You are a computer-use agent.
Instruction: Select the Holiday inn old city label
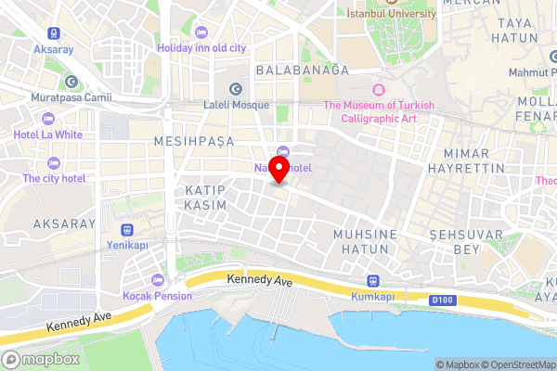pyautogui.click(x=201, y=47)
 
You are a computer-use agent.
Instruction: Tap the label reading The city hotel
pyautogui.click(x=54, y=177)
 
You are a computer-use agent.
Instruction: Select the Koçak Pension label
pyautogui.click(x=157, y=295)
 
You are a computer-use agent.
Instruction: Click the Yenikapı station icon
pyautogui.click(x=128, y=229)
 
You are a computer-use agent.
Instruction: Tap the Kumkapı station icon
pyautogui.click(x=374, y=280)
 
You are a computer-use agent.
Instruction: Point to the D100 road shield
pyautogui.click(x=444, y=300)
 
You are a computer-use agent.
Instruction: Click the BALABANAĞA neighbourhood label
pyautogui.click(x=302, y=70)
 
